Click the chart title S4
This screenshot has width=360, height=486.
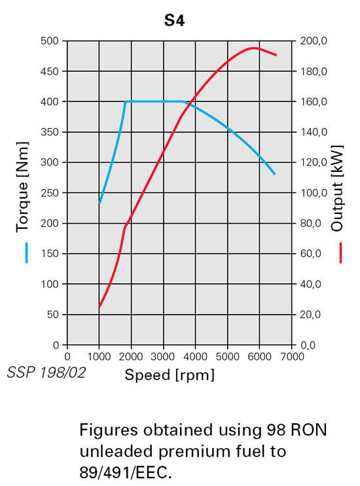174,21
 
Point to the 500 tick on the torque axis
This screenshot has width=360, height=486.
51,41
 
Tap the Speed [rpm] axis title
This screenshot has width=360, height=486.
169,375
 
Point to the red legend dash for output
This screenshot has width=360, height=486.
342,253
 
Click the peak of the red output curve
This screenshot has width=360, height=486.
253,48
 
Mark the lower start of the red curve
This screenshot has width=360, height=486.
99,305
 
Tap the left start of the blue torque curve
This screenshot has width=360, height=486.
99,203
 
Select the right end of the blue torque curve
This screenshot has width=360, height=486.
275,174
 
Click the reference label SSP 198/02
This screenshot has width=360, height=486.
46,372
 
